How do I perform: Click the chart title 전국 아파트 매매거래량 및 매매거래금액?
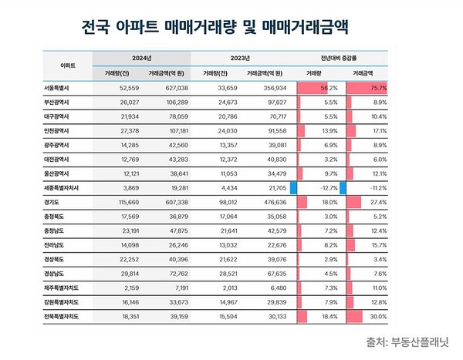click(215, 29)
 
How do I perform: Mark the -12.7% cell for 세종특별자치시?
click(326, 187)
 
